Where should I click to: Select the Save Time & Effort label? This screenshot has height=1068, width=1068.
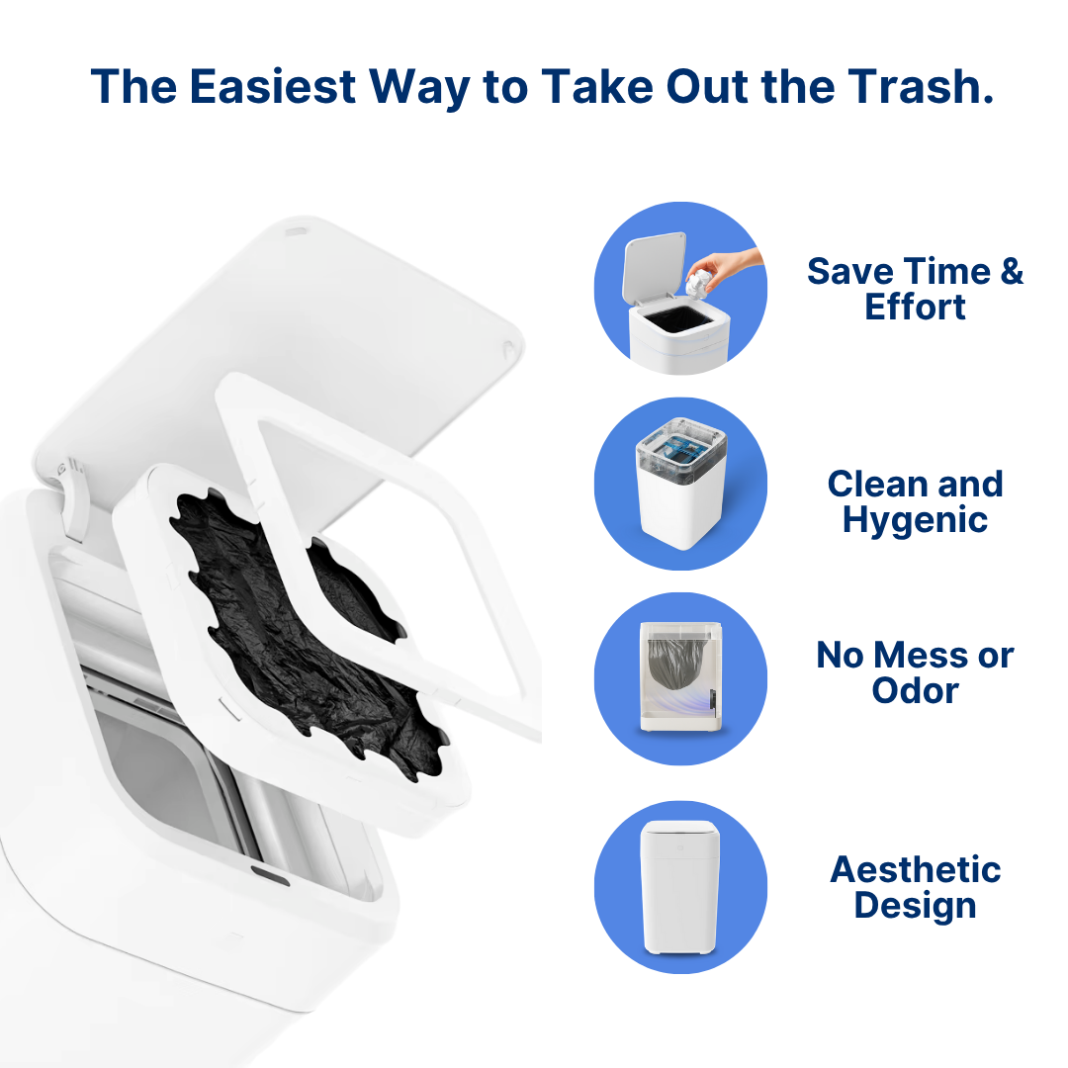(x=915, y=289)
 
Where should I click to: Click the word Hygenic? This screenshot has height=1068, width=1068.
(x=915, y=520)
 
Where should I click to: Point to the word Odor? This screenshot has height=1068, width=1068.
(x=915, y=690)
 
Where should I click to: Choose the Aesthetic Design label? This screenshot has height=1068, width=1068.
(x=915, y=887)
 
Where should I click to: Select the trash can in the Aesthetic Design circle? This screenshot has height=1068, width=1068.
(x=679, y=887)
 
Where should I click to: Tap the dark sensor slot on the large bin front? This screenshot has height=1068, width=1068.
(x=270, y=875)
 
